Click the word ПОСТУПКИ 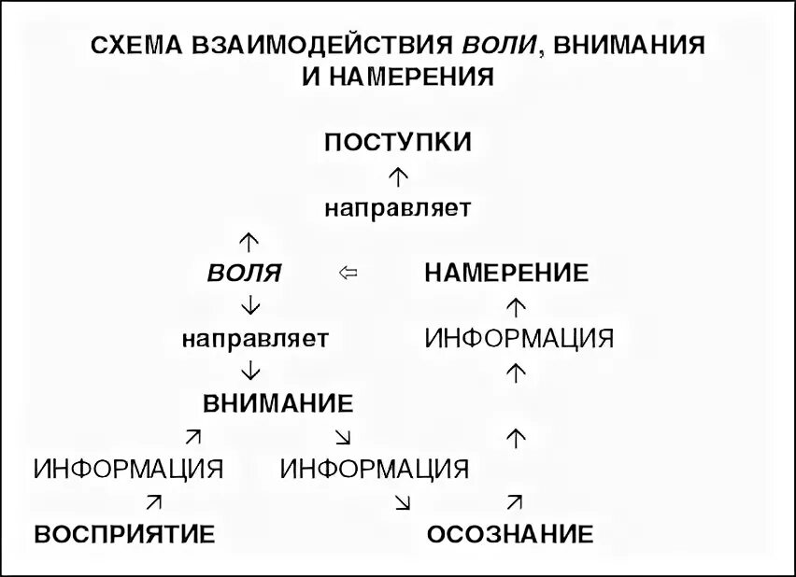point(398,143)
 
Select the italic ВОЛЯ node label point(244,274)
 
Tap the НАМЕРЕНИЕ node point(506,274)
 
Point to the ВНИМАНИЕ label point(278,403)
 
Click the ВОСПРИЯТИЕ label point(125,534)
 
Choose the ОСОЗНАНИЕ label point(510,534)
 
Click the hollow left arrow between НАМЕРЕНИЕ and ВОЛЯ point(348,274)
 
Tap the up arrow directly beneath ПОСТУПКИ point(398,174)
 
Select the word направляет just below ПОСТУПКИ point(398,207)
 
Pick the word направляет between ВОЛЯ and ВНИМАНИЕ point(255,337)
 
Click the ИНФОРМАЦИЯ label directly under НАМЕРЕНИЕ point(519,337)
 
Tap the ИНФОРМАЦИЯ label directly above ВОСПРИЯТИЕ point(128,468)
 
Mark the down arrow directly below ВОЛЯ point(249,304)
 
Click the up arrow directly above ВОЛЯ point(249,241)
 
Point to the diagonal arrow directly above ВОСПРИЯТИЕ point(154,501)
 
